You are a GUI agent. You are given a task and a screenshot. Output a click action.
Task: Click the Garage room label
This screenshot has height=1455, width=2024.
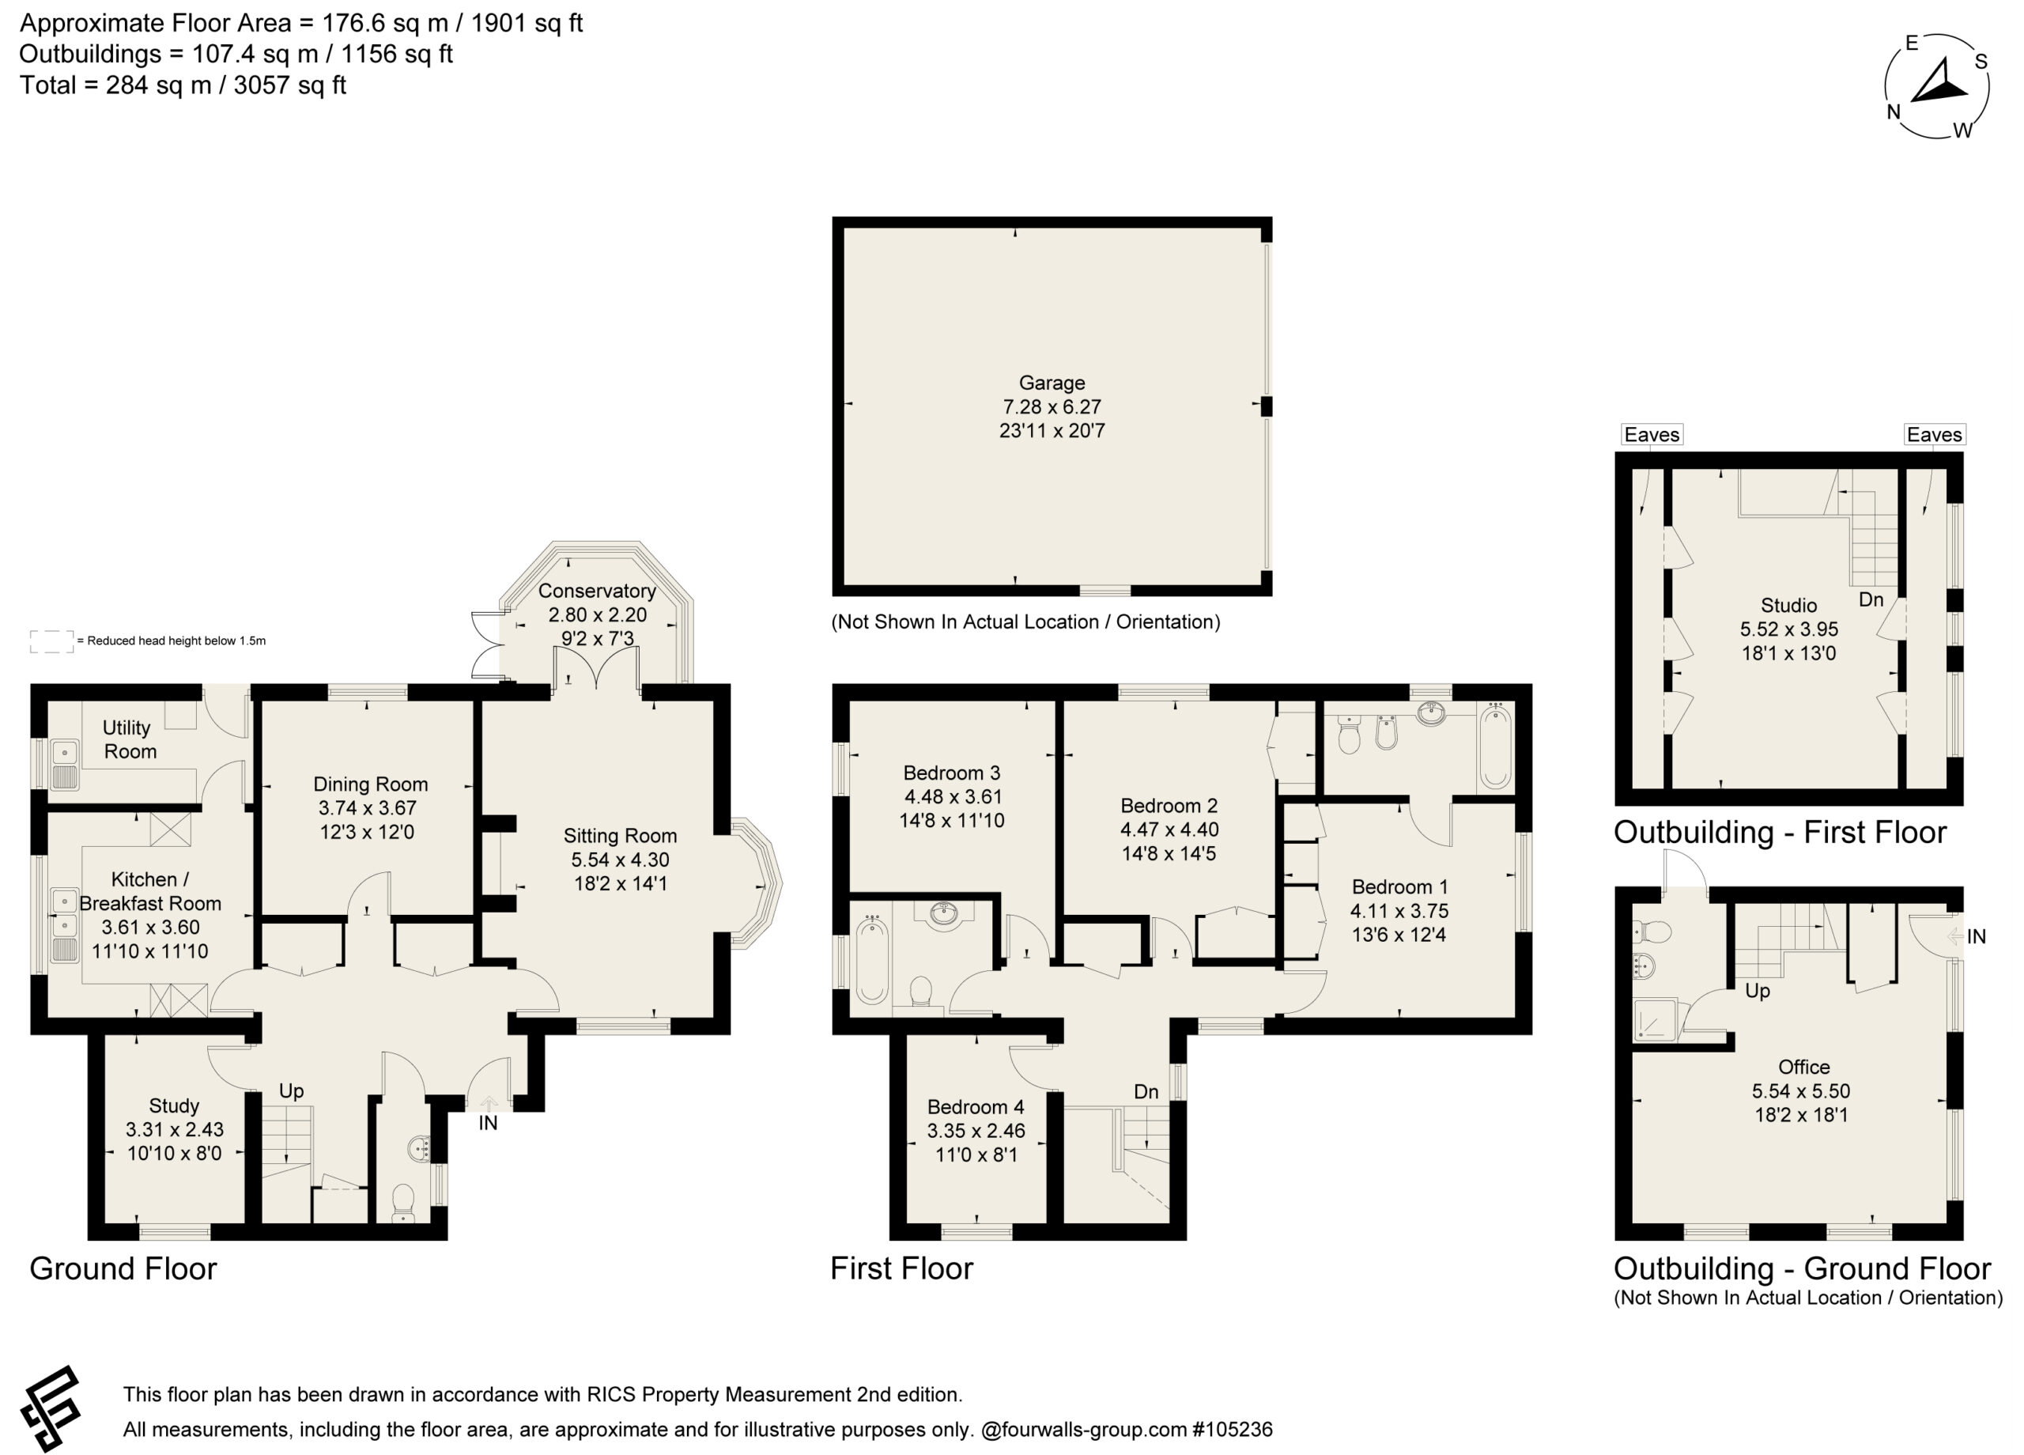click(1052, 383)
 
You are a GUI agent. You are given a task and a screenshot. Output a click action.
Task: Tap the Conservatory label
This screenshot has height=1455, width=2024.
click(596, 591)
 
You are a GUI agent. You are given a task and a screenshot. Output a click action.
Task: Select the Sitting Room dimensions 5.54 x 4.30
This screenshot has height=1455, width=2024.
click(620, 860)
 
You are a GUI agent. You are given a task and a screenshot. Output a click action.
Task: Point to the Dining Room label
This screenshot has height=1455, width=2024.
click(370, 784)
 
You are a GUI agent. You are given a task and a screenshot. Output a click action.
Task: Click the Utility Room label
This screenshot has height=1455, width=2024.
click(129, 739)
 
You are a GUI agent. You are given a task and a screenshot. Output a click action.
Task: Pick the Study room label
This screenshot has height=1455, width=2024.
click(174, 1106)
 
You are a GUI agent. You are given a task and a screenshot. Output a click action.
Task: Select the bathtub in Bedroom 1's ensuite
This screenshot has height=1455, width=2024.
click(1495, 747)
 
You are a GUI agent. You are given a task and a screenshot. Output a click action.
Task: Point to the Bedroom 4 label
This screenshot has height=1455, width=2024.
click(976, 1107)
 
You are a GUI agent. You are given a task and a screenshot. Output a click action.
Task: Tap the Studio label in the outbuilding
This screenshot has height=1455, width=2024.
click(1788, 605)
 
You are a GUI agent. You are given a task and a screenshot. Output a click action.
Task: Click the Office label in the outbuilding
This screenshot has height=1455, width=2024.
click(1803, 1067)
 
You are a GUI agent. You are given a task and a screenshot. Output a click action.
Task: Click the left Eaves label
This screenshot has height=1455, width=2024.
click(1652, 435)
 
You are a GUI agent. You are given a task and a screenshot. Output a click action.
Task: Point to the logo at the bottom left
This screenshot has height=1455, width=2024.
click(51, 1409)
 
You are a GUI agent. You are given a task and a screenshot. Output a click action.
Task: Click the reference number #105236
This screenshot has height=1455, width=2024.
click(1233, 1429)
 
